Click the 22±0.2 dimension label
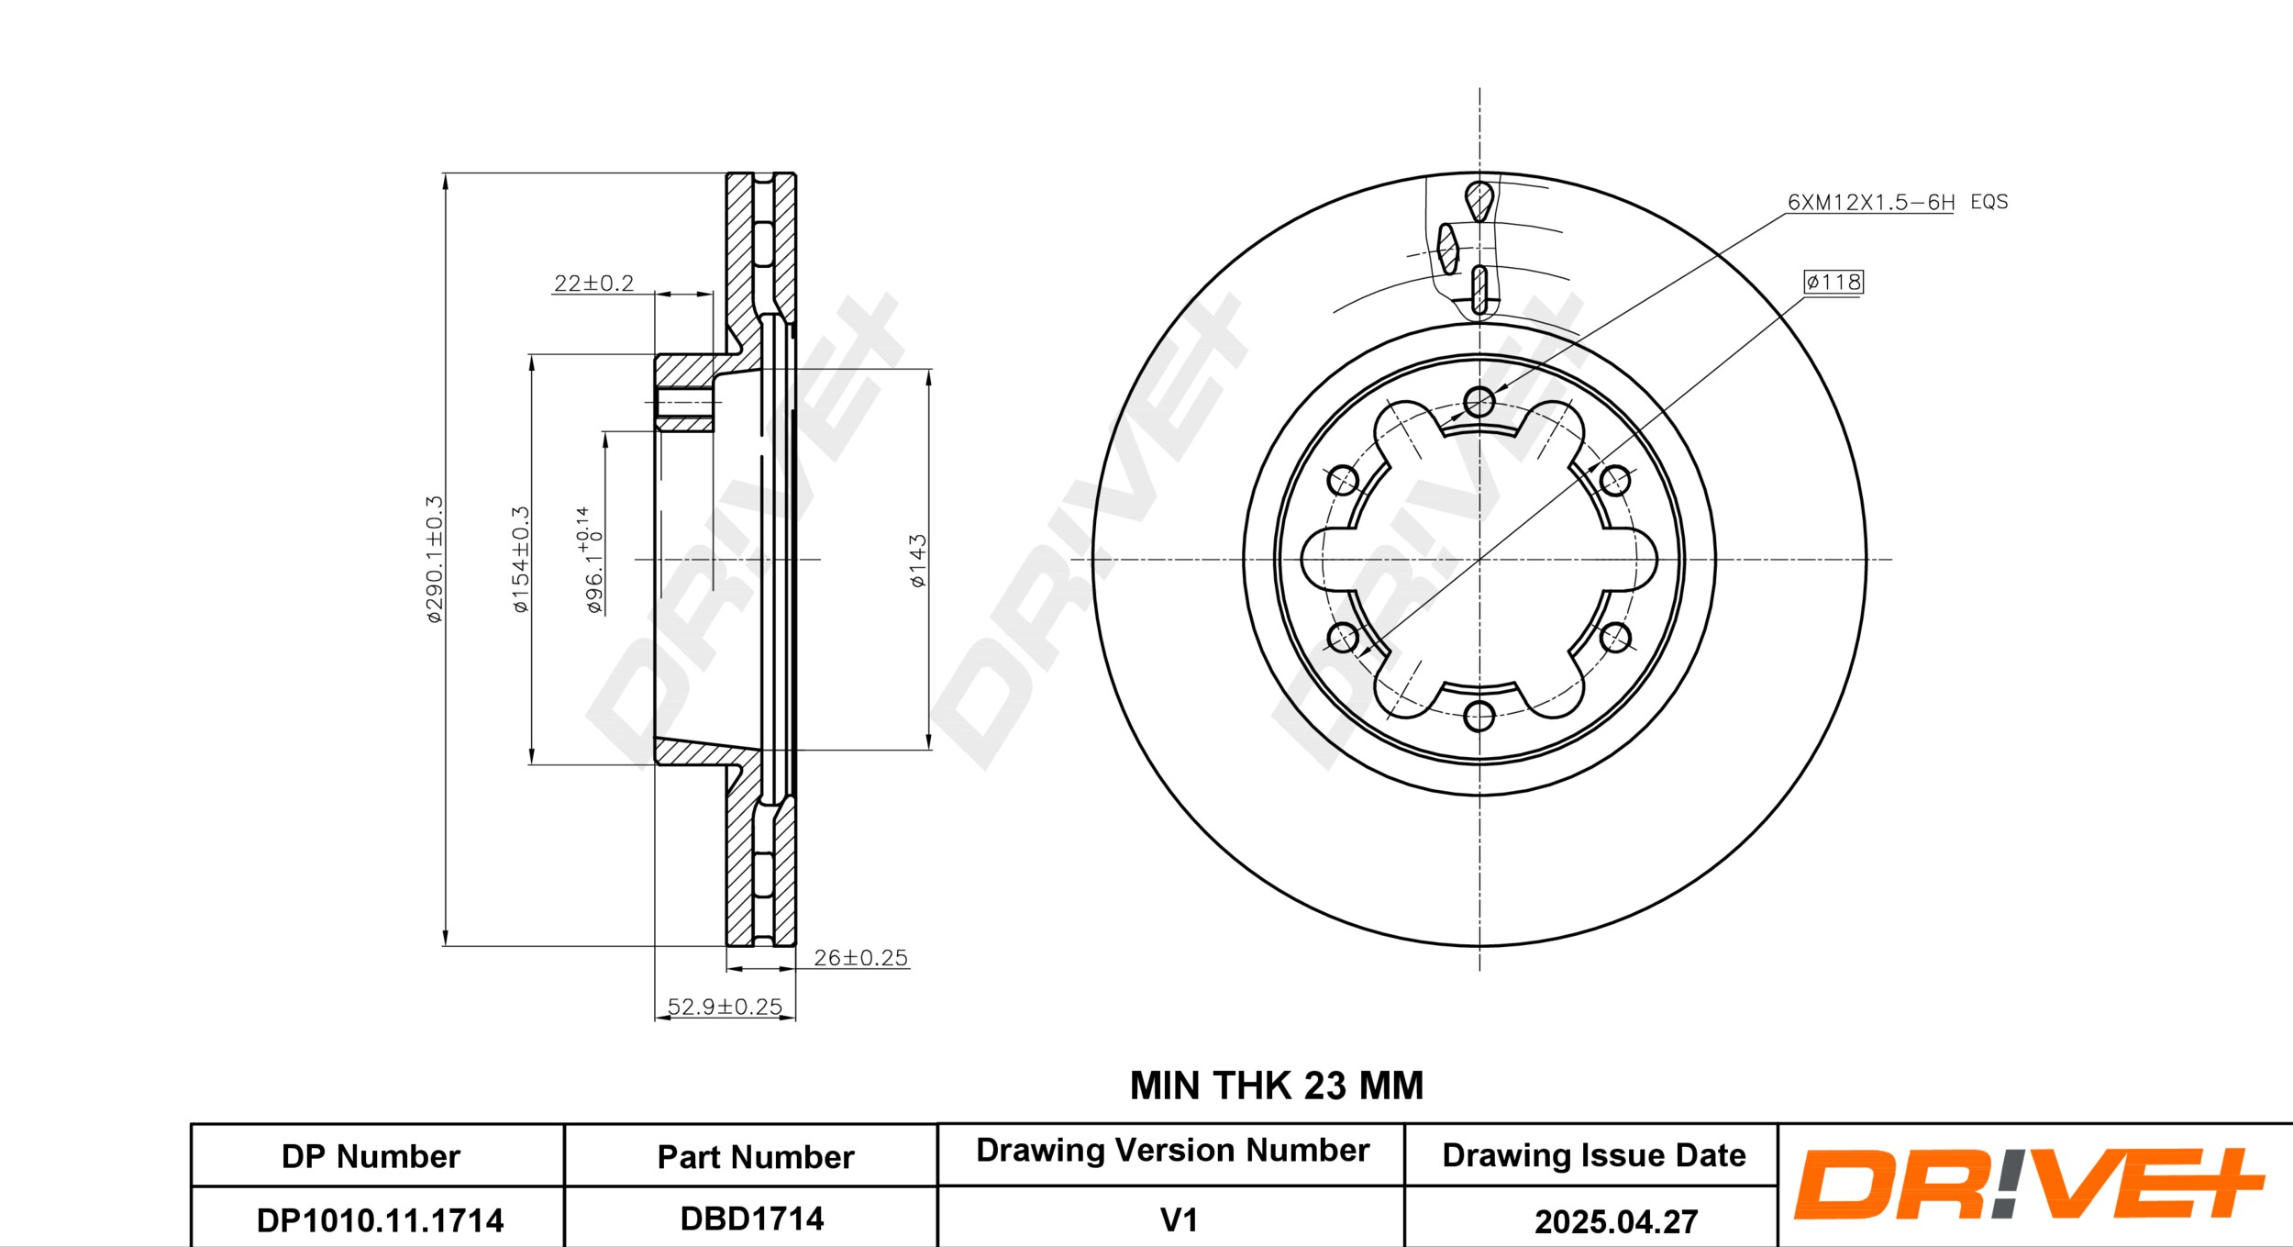(593, 283)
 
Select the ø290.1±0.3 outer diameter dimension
(434, 560)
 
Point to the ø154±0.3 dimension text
(520, 560)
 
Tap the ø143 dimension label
(917, 561)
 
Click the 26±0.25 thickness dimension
(860, 957)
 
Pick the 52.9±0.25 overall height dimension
(725, 1007)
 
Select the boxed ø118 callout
(1833, 282)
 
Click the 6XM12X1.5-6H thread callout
(1871, 202)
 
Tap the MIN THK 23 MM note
(1276, 1086)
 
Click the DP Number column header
(371, 1156)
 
